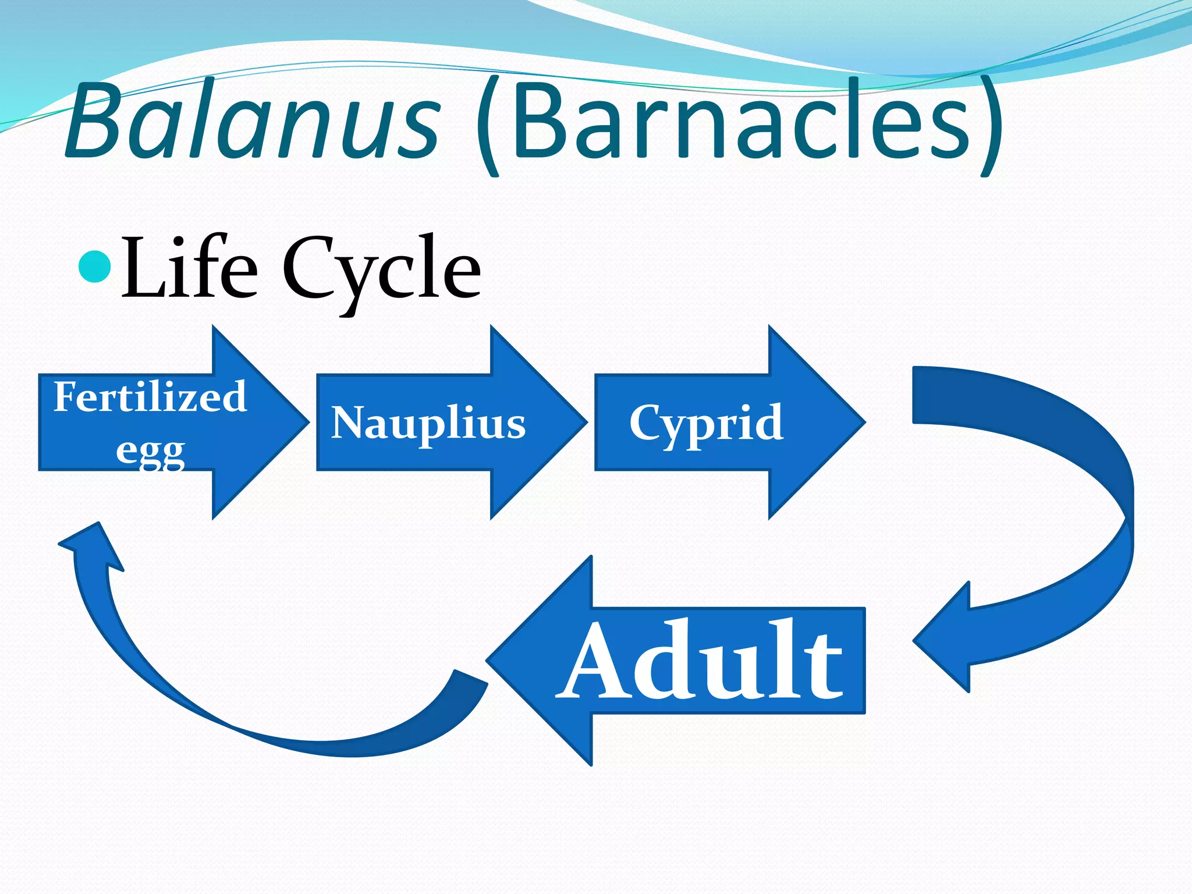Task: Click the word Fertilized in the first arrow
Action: (x=150, y=397)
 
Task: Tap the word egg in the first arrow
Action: (x=150, y=450)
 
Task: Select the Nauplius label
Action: (x=428, y=423)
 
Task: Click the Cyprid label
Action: (x=706, y=423)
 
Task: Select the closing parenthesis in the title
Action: (x=991, y=125)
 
